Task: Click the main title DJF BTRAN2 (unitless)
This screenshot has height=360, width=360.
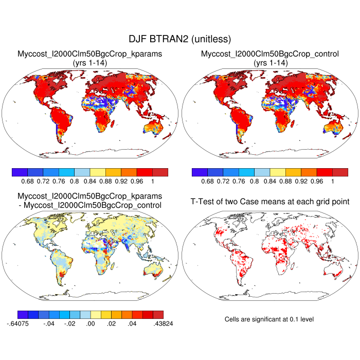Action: (x=179, y=39)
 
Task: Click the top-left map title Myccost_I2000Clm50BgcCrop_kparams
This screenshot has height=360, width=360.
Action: (x=90, y=53)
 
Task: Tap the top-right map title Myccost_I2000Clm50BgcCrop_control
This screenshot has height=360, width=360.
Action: (x=270, y=53)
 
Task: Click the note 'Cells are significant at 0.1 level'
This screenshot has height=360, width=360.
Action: (x=269, y=319)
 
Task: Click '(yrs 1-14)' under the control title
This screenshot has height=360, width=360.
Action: (x=270, y=62)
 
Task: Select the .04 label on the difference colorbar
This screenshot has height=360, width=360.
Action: (x=131, y=325)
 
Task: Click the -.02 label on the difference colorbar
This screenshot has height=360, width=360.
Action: (x=69, y=325)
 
